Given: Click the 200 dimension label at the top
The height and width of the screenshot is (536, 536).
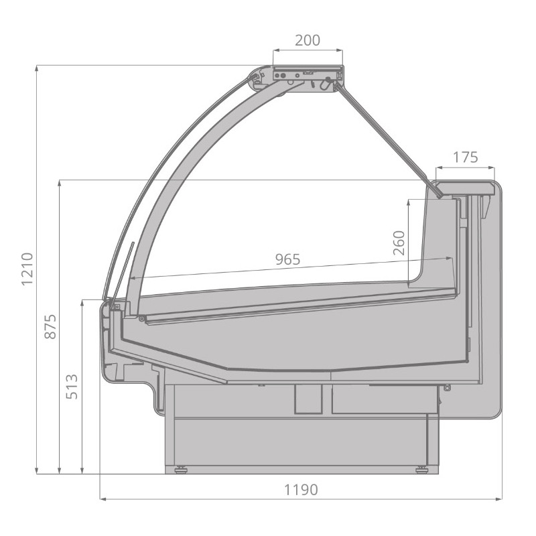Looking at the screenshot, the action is click(x=308, y=40).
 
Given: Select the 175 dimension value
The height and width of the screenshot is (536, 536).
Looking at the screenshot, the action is click(x=465, y=157).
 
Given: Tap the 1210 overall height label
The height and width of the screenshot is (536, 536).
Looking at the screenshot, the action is click(x=27, y=269).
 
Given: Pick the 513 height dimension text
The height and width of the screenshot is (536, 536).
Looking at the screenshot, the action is click(x=72, y=387).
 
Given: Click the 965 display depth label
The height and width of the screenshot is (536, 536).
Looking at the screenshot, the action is click(x=288, y=259).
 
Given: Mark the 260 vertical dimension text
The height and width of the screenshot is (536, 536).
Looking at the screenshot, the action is click(x=399, y=243).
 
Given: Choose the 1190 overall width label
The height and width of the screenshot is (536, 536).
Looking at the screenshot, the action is click(x=301, y=490).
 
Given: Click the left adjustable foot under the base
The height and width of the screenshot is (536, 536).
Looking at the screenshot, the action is click(x=181, y=470).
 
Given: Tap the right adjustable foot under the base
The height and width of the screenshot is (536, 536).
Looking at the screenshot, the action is click(x=422, y=470).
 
